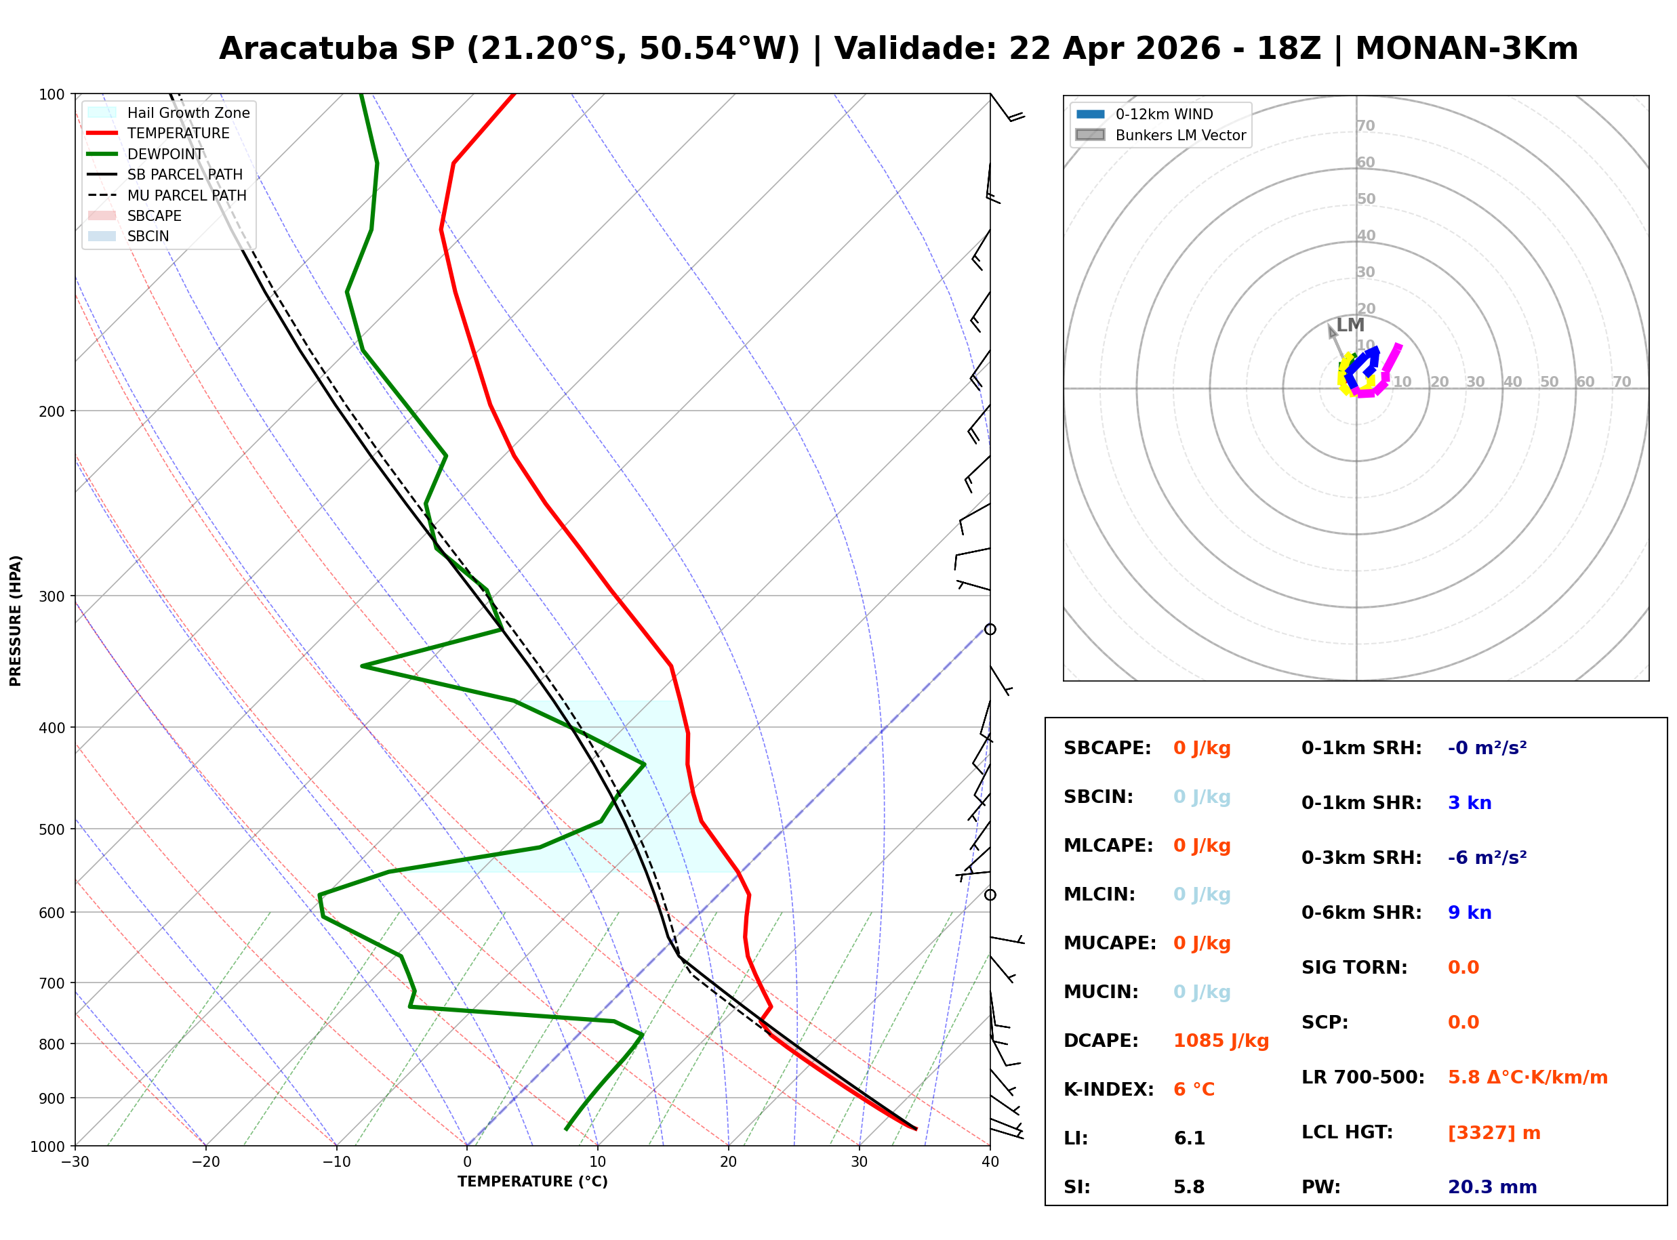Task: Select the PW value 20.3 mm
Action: tap(1491, 1187)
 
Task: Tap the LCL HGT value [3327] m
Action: tap(1494, 1133)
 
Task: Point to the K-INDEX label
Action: tap(1108, 1090)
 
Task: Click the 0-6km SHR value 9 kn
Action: tap(1469, 913)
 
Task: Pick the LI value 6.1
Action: tap(1189, 1138)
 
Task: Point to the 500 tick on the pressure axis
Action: tap(52, 829)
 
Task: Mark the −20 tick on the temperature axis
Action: tap(205, 1162)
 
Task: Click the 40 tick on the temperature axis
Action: tap(990, 1162)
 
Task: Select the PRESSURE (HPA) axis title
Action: tap(16, 621)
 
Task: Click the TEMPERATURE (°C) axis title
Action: tap(532, 1182)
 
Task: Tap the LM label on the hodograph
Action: tap(1350, 325)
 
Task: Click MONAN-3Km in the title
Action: tap(1466, 49)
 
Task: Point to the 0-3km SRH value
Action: tap(1487, 858)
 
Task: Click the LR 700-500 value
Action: tap(1528, 1078)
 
